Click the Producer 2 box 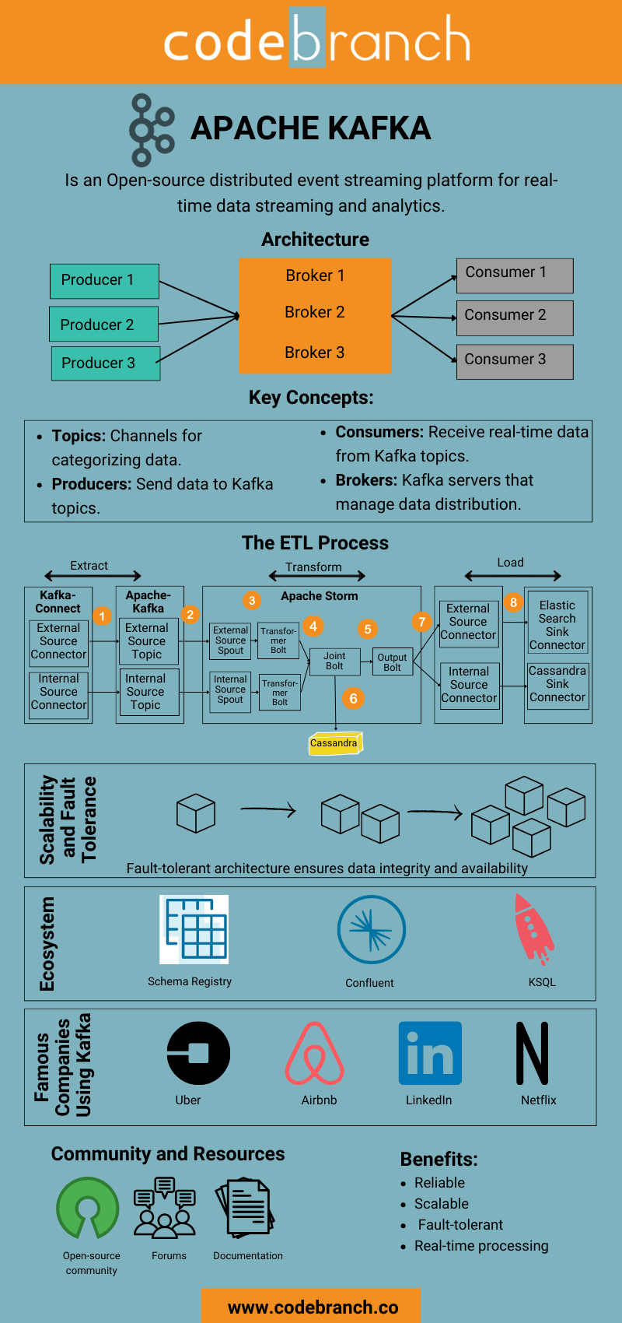tap(103, 324)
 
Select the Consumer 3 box tap(515, 361)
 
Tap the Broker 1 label tap(315, 275)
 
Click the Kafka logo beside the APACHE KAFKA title tap(152, 130)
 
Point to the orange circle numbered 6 tap(353, 698)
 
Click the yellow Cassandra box tap(335, 743)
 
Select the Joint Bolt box tap(334, 661)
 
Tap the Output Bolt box tap(392, 661)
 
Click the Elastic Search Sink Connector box tap(557, 625)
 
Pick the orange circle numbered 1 tap(102, 616)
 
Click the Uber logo tap(198, 1053)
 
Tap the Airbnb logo tap(314, 1053)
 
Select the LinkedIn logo tap(430, 1053)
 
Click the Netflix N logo tap(533, 1053)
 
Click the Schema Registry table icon tap(194, 929)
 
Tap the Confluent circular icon tap(371, 929)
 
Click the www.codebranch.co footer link tap(313, 1307)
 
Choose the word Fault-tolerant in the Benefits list tap(460, 1225)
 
